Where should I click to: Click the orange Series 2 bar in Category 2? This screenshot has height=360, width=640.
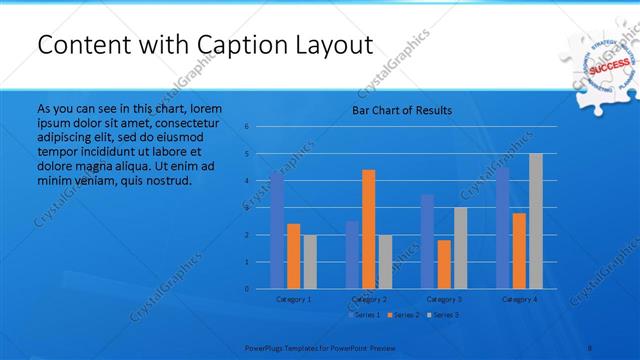tap(369, 229)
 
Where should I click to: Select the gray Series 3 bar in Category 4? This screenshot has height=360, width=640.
tap(536, 221)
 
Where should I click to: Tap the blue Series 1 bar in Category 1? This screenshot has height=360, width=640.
tap(277, 230)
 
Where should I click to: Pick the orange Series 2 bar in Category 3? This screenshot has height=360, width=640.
tap(444, 264)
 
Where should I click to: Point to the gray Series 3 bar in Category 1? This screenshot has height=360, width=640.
tap(309, 262)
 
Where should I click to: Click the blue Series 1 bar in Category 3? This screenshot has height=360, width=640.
tap(428, 241)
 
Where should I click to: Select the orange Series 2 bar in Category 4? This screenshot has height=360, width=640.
tap(519, 251)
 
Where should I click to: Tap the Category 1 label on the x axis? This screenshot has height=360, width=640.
tap(293, 299)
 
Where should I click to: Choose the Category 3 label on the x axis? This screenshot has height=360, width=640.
tap(444, 299)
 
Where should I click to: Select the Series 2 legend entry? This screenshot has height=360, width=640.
tap(403, 315)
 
